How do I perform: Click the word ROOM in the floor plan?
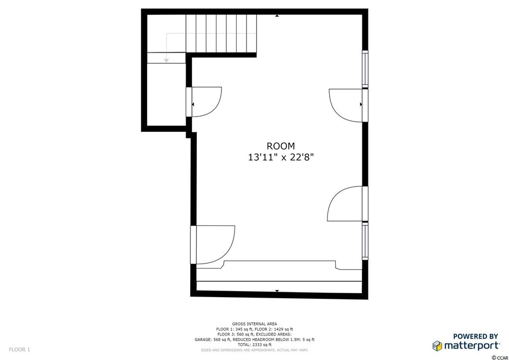(x=280, y=146)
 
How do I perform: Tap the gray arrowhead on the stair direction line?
(x=167, y=59)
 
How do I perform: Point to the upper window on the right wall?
(x=366, y=69)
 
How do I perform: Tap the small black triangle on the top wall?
(x=277, y=16)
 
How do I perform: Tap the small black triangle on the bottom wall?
(x=277, y=291)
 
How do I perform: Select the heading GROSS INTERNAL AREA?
(x=254, y=324)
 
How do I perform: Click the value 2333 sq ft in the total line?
(x=262, y=344)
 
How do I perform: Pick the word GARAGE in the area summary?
(x=203, y=339)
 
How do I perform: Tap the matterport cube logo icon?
(x=437, y=345)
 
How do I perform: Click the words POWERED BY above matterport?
(x=476, y=336)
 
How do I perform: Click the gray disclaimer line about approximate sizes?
(x=254, y=349)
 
